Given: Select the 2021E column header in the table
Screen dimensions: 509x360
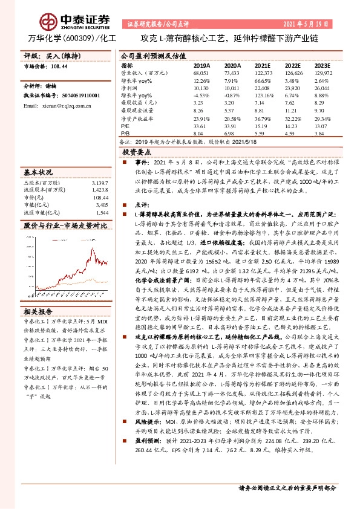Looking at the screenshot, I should [263, 65].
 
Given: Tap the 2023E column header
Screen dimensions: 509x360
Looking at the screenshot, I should [323, 65].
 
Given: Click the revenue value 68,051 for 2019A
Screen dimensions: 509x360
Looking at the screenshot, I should [201, 72].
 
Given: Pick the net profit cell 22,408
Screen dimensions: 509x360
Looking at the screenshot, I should [263, 88].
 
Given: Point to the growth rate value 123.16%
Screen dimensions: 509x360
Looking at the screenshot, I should [264, 96].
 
